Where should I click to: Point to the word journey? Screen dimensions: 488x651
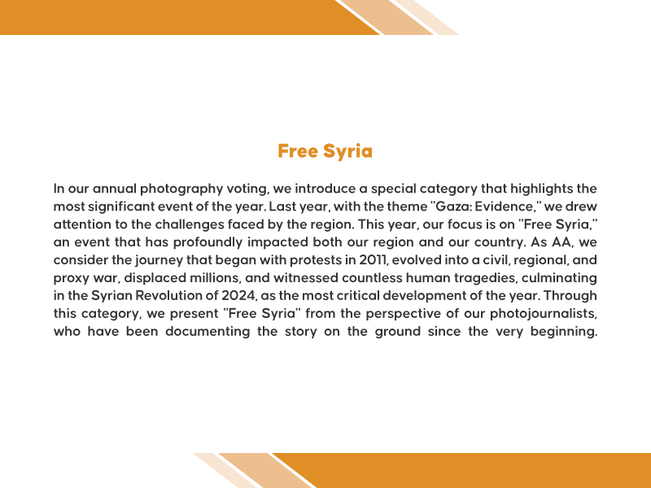155,260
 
